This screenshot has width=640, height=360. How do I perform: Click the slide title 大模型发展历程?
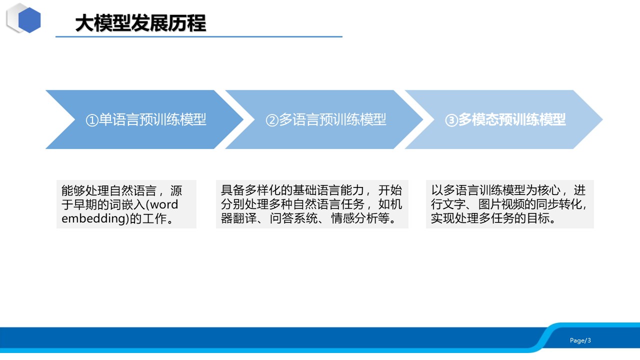[x=140, y=23]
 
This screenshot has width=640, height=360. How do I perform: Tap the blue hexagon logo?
[x=29, y=20]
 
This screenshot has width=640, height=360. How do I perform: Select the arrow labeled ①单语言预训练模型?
[x=144, y=119]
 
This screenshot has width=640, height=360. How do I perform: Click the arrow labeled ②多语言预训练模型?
[x=324, y=119]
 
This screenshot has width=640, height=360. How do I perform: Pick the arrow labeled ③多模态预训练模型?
[x=503, y=119]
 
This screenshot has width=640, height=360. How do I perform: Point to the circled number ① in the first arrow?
[x=92, y=120]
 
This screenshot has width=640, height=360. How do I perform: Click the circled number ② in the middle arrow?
[x=272, y=120]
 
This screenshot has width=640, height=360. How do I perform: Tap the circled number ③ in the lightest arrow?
[x=451, y=120]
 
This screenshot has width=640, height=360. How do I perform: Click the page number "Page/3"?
[x=580, y=340]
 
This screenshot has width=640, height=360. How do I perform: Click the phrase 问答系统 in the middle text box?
[x=293, y=218]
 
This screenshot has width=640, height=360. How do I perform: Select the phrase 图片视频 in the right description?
[x=502, y=204]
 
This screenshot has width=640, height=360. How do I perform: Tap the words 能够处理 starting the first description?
[x=85, y=190]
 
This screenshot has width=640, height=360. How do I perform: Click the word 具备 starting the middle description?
[x=232, y=190]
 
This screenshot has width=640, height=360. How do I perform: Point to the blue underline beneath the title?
[x=199, y=37]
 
